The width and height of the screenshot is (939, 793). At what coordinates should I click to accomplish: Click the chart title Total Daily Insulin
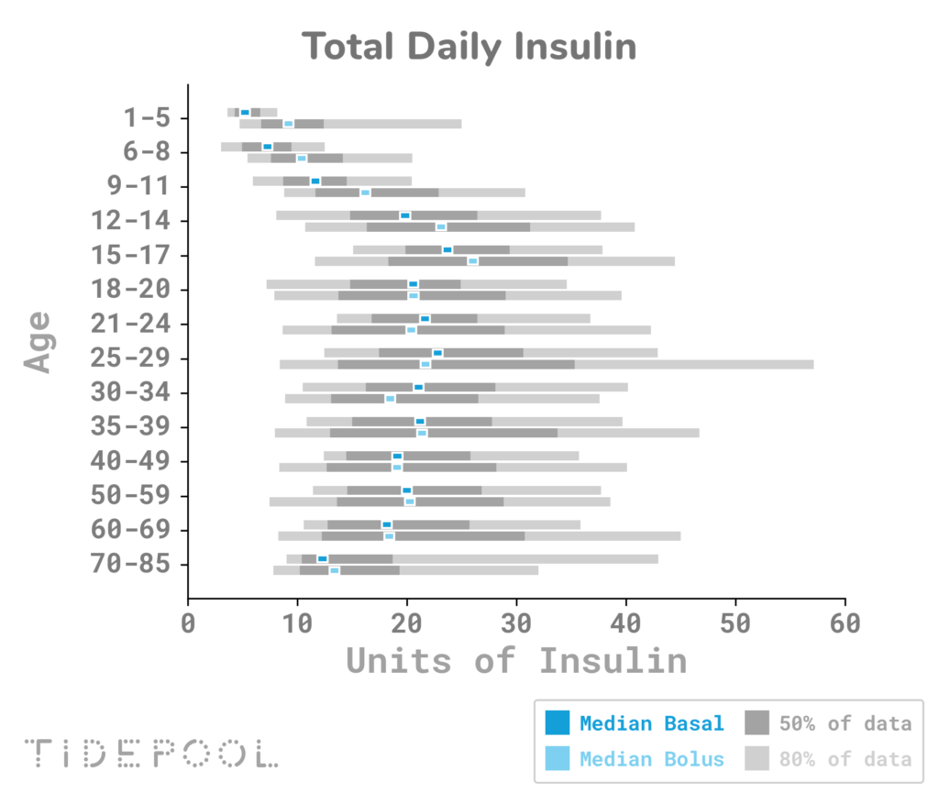tap(469, 45)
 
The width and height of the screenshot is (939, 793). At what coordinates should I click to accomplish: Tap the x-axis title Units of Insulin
tap(516, 660)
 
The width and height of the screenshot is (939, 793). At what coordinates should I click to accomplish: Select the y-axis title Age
tap(38, 341)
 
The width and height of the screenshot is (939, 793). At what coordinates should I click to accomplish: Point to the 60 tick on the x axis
tap(845, 624)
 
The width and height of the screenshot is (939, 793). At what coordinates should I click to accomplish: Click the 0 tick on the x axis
tap(188, 624)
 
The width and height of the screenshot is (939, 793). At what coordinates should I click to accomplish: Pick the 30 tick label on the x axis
tap(516, 624)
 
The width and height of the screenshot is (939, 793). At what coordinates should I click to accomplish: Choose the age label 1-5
tap(147, 118)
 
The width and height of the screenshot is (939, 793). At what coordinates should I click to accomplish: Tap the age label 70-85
tap(130, 564)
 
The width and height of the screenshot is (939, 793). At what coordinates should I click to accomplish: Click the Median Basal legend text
tap(651, 723)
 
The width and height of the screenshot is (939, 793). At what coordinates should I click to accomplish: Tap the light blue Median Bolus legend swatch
tap(557, 759)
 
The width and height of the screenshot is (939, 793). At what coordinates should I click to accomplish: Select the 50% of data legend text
tap(845, 723)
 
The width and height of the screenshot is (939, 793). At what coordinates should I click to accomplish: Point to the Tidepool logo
tap(151, 753)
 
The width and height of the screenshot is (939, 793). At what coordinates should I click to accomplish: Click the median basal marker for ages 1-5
tap(245, 113)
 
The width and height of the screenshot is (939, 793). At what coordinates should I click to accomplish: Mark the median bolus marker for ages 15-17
tap(473, 261)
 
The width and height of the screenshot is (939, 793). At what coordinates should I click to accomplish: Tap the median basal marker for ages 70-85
tap(323, 558)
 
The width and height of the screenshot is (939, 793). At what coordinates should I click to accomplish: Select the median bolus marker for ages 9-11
tap(365, 193)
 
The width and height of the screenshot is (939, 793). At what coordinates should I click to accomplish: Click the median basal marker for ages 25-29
tap(437, 353)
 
